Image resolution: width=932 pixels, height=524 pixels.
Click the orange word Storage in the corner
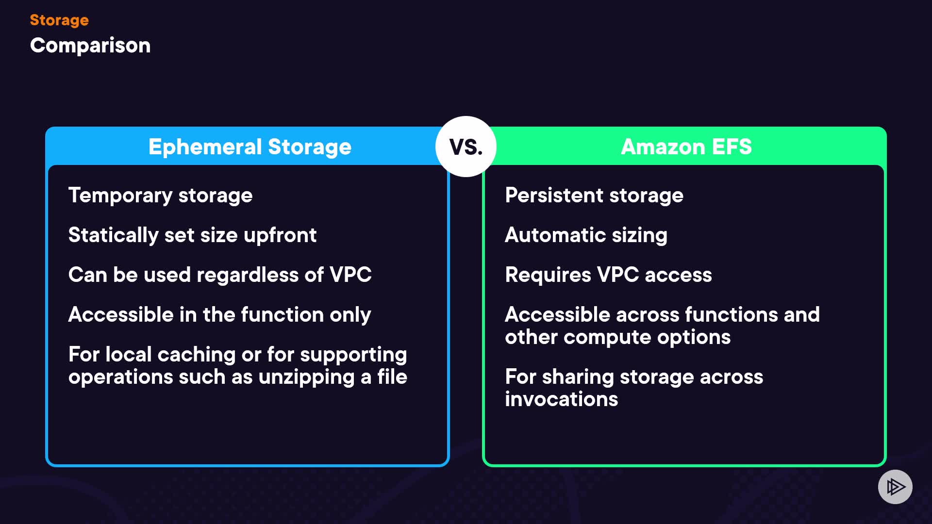coord(59,20)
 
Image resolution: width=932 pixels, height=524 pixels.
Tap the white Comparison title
coord(90,46)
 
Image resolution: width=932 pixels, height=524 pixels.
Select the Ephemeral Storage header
coord(250,147)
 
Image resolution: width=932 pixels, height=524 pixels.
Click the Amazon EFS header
coord(686,147)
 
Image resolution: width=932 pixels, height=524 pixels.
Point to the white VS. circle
coord(466,147)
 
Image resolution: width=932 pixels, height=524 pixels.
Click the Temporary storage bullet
coord(160,196)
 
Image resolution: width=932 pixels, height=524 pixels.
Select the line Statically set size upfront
coord(192,235)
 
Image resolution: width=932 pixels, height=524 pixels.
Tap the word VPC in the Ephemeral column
coord(350,275)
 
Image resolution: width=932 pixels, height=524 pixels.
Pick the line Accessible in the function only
coord(219,315)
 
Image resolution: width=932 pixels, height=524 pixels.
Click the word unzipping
coord(306,377)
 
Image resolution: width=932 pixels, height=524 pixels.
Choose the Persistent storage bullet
coord(594,196)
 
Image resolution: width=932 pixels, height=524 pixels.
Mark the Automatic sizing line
coord(586,235)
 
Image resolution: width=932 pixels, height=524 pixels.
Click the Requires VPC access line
coord(608,275)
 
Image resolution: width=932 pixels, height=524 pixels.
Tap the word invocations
coord(561,399)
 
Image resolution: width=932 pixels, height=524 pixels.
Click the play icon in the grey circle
coord(895,487)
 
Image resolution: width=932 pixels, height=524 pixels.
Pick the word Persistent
coord(554,196)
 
